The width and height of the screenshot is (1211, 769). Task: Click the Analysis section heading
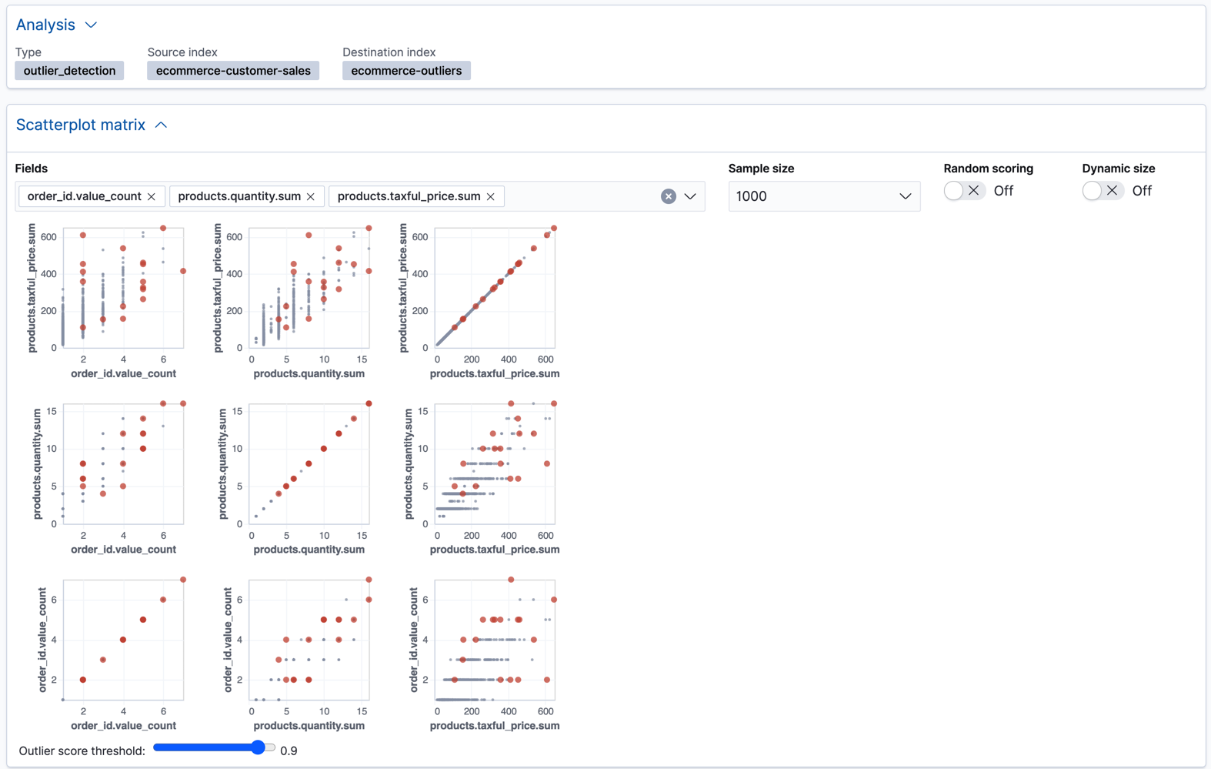coord(45,25)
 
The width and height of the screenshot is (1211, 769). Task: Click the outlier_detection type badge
coord(69,71)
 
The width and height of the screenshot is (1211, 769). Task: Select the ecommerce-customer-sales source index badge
coord(233,71)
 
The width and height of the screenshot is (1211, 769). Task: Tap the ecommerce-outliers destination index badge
coord(406,71)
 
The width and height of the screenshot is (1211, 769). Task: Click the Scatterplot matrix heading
coord(81,125)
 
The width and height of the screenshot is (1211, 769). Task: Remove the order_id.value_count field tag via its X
coord(152,196)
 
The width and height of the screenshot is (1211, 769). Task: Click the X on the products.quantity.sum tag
coord(311,196)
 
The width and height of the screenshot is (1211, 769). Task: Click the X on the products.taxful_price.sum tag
coord(491,196)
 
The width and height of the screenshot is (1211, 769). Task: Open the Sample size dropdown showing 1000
coord(823,196)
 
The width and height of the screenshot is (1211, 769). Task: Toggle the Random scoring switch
coord(963,191)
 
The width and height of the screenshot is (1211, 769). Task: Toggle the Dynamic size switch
coord(1102,191)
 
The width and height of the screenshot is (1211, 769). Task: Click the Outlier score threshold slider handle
coord(259,747)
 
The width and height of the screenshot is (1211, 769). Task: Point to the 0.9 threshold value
coord(289,751)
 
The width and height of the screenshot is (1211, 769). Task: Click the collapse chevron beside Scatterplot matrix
coord(161,125)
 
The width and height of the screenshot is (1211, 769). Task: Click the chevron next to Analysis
coord(91,25)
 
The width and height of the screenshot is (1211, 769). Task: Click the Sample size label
coord(761,169)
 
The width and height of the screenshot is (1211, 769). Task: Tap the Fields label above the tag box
coord(32,169)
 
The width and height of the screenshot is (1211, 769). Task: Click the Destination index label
coord(389,52)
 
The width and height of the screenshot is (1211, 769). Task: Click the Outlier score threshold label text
coord(82,751)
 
